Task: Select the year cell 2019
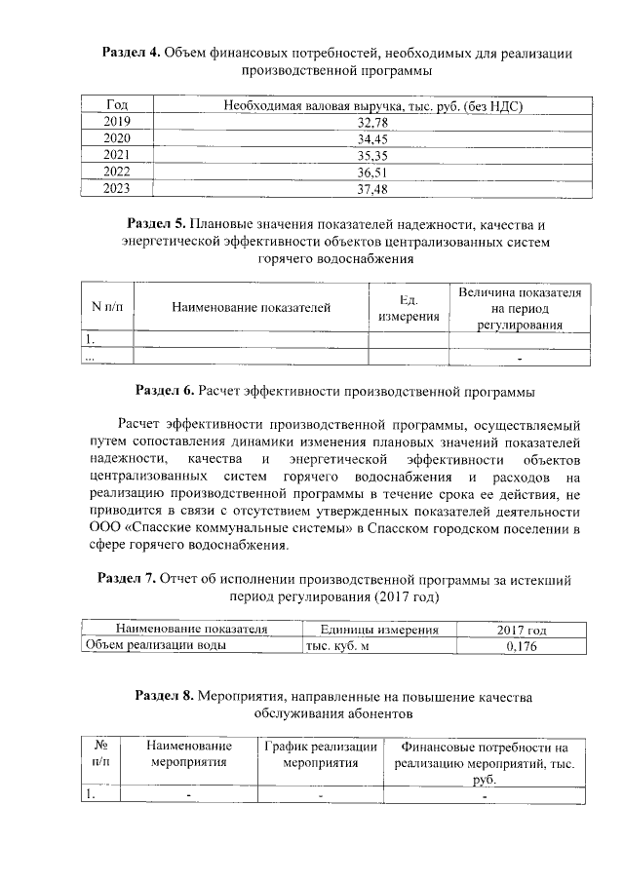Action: coord(116,122)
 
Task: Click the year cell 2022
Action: coord(116,173)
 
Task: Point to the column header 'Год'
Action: coord(116,104)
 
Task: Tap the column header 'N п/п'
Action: coord(105,308)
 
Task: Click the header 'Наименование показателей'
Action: coord(251,308)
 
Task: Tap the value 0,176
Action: coord(523,645)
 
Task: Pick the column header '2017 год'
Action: coord(523,630)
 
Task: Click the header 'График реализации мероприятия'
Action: coord(321,753)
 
